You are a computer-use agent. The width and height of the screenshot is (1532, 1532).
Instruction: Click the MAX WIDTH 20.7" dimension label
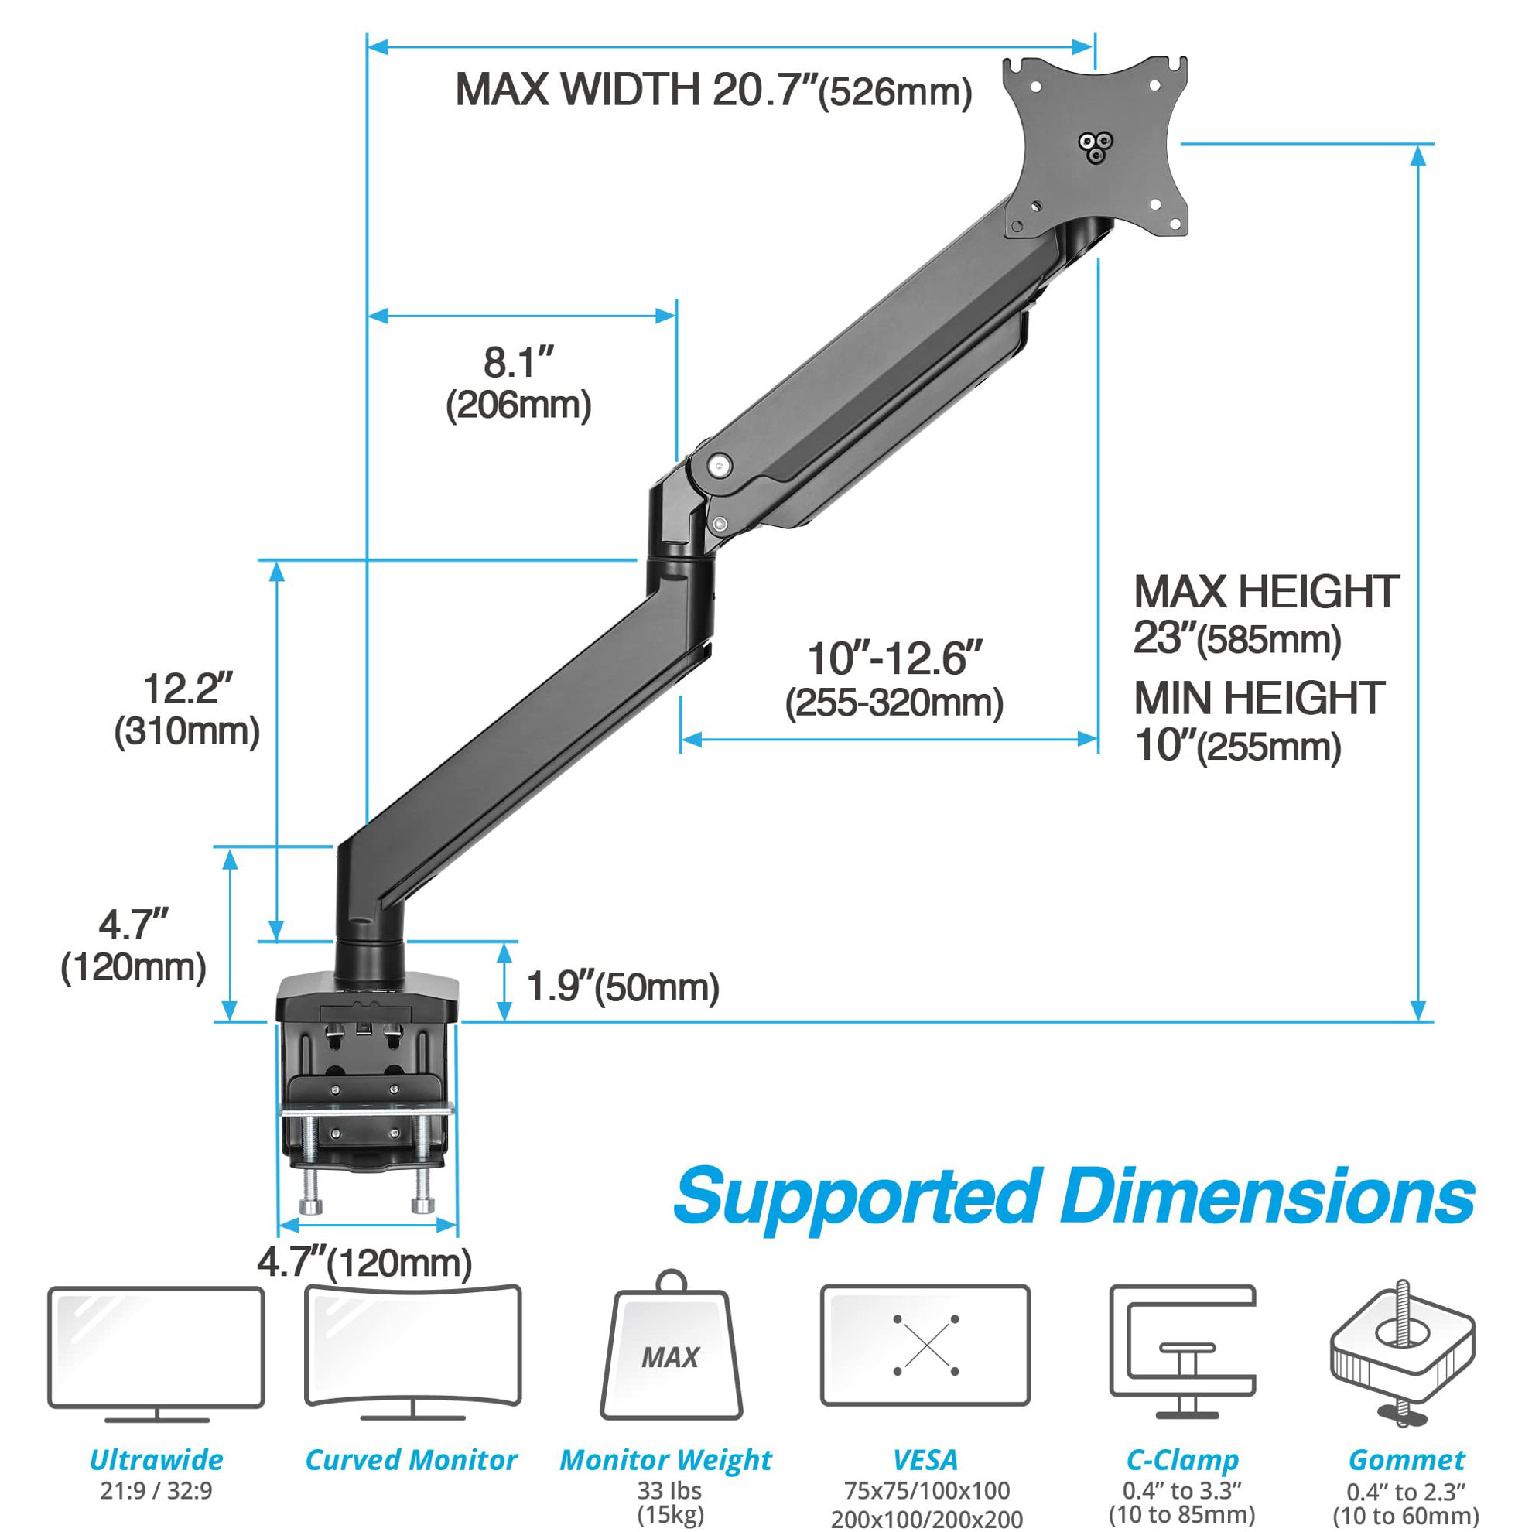713,90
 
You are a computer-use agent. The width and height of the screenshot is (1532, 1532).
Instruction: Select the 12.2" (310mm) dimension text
187,709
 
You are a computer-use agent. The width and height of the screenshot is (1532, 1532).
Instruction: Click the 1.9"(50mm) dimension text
623,987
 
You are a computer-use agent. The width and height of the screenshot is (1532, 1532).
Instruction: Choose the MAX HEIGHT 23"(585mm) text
1266,614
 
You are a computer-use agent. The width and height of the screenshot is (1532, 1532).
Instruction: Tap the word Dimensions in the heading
1267,1196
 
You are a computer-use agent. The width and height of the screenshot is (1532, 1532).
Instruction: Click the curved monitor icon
413,1355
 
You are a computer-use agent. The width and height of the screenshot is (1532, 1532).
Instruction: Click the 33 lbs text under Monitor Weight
669,1490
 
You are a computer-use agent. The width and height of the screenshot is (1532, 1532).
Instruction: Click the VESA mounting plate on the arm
1096,147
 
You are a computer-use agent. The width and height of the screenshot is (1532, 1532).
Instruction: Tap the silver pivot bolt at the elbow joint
720,465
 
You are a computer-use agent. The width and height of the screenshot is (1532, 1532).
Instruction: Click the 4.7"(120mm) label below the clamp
364,1263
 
